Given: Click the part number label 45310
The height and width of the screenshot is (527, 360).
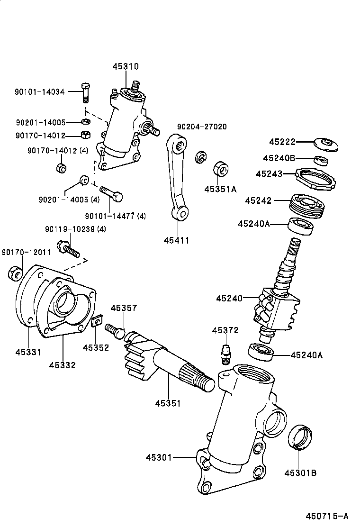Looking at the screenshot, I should coord(126,67).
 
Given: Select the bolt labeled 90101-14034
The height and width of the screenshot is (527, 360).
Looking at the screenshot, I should coord(85,92).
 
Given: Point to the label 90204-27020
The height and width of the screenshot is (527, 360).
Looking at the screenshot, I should coord(202,127).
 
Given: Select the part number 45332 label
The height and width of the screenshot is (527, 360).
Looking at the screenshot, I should coord(62,365).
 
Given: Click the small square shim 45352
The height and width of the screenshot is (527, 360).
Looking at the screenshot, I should coord(97,322).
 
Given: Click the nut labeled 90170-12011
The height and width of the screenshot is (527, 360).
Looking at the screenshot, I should coord(15,273).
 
